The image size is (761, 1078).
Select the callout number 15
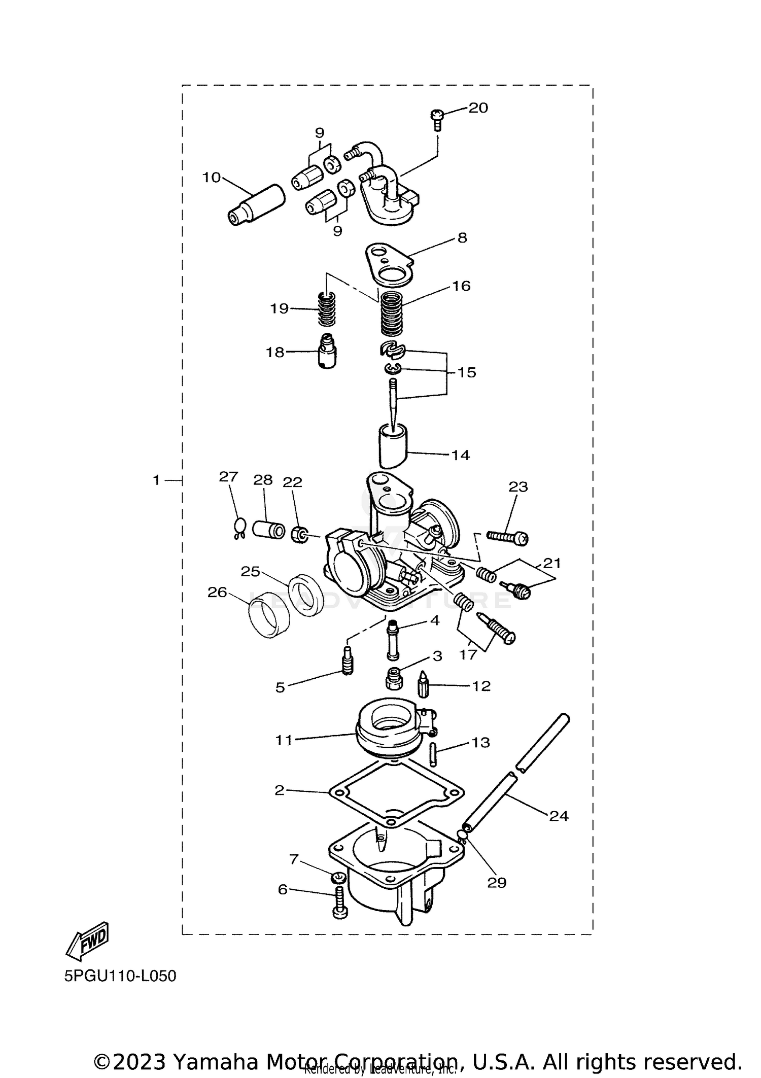click(x=467, y=372)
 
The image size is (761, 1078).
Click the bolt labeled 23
click(x=507, y=537)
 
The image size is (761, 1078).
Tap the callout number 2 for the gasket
click(x=280, y=790)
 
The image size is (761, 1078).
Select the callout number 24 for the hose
click(x=558, y=816)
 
